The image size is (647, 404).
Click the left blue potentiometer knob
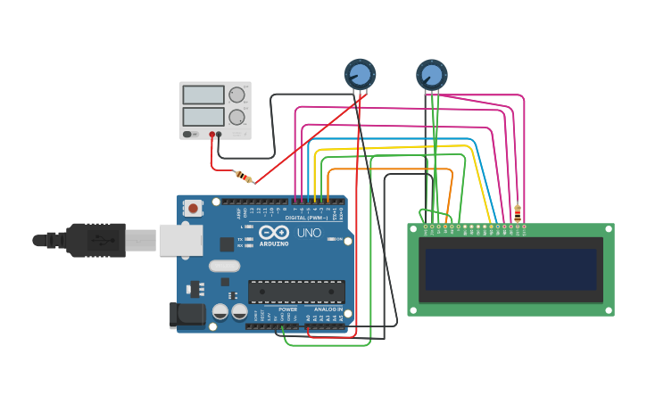click(x=360, y=73)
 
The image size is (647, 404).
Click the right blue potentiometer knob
click(x=431, y=74)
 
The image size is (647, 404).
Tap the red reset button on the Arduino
click(x=193, y=209)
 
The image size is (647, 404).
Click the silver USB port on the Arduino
click(x=180, y=240)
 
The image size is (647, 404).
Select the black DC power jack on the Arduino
click(x=186, y=314)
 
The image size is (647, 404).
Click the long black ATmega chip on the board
click(x=296, y=292)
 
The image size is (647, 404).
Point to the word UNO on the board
click(x=309, y=233)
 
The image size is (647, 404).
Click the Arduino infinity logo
click(x=276, y=232)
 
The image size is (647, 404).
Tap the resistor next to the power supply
click(x=243, y=177)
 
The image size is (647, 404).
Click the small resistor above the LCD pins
click(x=518, y=212)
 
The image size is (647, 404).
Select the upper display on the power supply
click(x=203, y=95)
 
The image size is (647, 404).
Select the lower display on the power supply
click(x=203, y=117)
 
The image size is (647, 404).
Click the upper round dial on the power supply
click(x=236, y=95)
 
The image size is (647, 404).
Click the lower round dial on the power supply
click(x=236, y=117)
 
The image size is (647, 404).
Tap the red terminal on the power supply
click(x=212, y=135)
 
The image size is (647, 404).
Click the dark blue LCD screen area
click(x=510, y=269)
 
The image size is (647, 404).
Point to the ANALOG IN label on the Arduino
click(x=327, y=309)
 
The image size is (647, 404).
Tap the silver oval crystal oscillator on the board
click(x=225, y=265)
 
